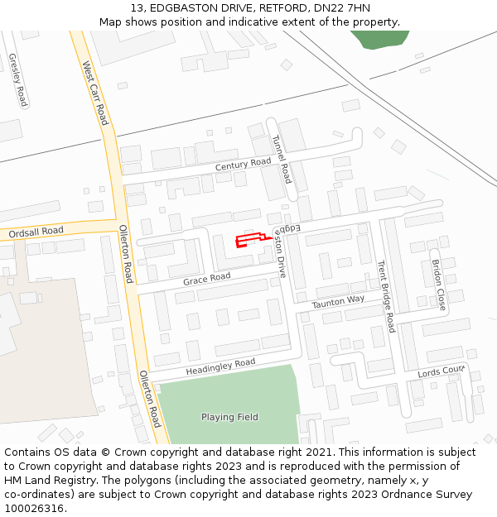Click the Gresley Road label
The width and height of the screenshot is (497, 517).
(17, 80)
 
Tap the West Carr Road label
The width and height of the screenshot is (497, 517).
(94, 93)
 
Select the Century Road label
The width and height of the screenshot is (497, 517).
(244, 165)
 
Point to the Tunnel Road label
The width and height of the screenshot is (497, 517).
(282, 159)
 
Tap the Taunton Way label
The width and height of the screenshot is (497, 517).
(338, 303)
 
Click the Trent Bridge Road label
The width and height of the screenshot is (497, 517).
(386, 297)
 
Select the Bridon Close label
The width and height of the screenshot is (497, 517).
(438, 285)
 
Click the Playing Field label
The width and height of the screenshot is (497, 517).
(229, 417)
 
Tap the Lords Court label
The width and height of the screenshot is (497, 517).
(442, 371)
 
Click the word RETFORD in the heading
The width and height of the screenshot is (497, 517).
(276, 8)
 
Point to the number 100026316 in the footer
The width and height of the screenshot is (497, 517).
(34, 509)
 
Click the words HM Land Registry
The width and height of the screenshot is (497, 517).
(46, 481)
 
